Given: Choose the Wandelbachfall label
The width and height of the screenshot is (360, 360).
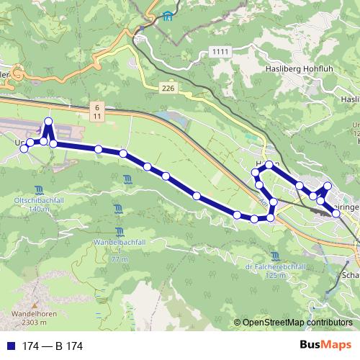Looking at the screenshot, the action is pos(119,243).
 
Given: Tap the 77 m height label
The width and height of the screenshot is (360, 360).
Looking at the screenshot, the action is pos(120,258).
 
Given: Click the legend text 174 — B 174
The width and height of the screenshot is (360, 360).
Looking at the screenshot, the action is pos(53,346).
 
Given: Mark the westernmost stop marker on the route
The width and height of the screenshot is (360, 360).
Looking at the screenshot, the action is pos(24,148).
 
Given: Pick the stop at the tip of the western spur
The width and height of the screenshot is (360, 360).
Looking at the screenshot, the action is pos(48,121).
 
